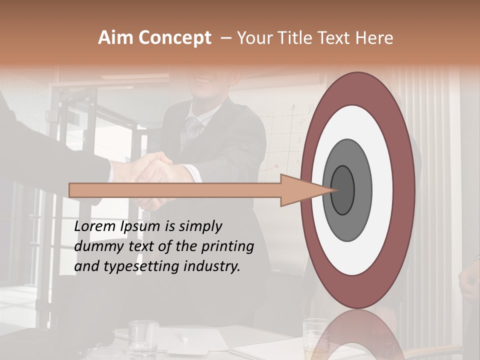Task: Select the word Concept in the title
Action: pos(174,38)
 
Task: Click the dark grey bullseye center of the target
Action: pos(343,190)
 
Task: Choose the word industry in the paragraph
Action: pos(212,266)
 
